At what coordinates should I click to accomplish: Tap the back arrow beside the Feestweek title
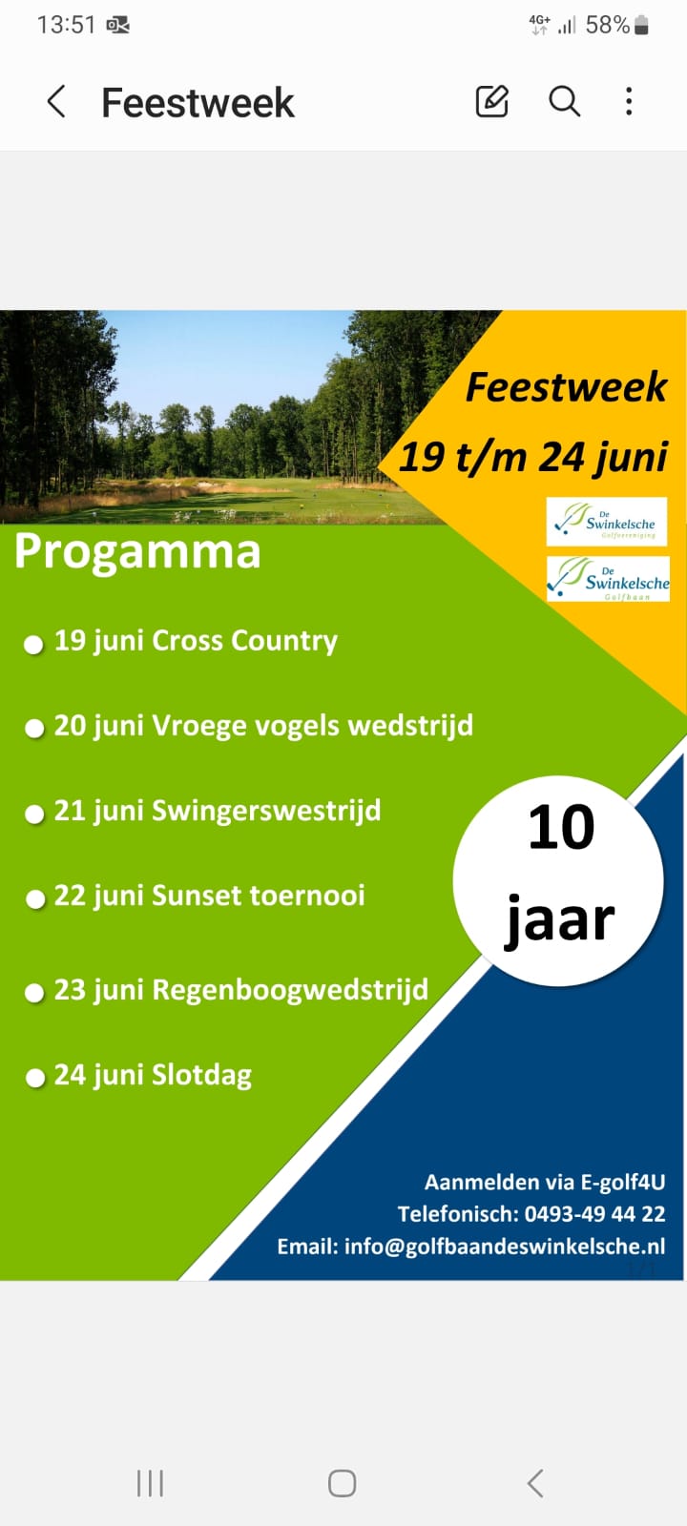(x=56, y=102)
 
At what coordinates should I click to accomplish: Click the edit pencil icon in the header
(x=491, y=101)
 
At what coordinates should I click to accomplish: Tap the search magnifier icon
(x=564, y=101)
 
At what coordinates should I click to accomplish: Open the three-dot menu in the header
(x=629, y=101)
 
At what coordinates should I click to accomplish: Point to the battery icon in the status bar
(x=641, y=25)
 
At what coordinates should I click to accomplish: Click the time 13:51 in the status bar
(x=66, y=25)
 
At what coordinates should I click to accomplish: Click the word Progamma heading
(x=137, y=551)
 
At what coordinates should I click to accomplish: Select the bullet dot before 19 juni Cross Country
(x=33, y=645)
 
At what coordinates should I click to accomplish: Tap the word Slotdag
(x=201, y=1076)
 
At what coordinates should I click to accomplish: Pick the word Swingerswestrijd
(x=266, y=812)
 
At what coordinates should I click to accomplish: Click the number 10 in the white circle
(x=562, y=828)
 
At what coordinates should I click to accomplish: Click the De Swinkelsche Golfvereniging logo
(x=607, y=522)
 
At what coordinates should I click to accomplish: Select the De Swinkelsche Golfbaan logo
(x=608, y=579)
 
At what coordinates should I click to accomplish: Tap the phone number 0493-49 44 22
(x=595, y=1214)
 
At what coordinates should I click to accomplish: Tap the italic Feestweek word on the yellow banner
(x=567, y=387)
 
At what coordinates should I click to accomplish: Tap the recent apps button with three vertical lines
(x=150, y=1483)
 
